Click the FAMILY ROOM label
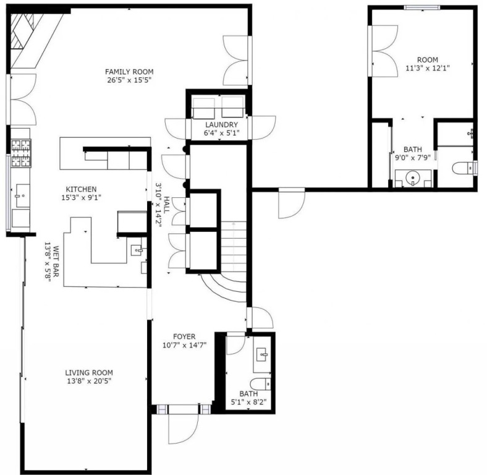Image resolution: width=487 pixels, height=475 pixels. [129, 72]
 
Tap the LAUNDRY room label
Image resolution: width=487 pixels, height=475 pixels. [221, 125]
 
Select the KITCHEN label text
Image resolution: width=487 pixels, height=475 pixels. [81, 189]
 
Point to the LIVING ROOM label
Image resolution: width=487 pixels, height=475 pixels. [89, 372]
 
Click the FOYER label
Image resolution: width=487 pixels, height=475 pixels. [184, 336]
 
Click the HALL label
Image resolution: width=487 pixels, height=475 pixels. [167, 205]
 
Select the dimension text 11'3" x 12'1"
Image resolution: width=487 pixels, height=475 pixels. [428, 68]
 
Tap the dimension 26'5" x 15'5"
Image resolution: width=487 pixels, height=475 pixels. [129, 80]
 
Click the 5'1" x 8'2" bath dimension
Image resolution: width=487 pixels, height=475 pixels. [248, 402]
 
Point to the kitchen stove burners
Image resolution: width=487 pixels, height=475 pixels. [21, 153]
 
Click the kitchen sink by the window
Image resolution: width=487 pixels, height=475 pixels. [23, 195]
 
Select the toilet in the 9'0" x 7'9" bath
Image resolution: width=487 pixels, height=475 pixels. [464, 168]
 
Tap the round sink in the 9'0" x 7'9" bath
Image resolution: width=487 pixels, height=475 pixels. [413, 178]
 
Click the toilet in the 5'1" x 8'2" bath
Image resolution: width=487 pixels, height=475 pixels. [260, 384]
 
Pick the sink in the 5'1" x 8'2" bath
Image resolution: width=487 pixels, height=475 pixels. [263, 354]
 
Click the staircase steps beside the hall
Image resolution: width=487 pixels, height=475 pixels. [234, 246]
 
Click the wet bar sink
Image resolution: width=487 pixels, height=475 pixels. [137, 250]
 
